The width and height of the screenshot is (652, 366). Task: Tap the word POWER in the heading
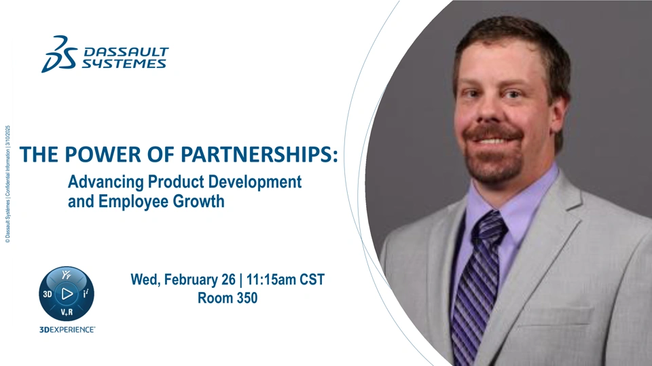pos(103,154)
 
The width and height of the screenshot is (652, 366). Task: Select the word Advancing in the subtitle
pos(106,183)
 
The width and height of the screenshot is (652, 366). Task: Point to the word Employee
pos(134,202)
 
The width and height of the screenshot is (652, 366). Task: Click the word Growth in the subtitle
pos(198,201)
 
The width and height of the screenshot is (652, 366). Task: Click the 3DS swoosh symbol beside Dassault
pos(60,54)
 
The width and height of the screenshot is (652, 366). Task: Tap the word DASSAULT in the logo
pos(126,52)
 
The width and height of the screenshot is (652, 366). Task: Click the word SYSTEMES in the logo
pos(124,64)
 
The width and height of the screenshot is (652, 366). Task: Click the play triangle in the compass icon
pos(67,293)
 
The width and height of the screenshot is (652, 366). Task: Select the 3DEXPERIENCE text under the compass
pos(67,330)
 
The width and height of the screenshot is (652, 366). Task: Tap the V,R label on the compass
pos(67,312)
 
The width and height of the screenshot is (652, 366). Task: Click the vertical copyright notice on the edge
pos(7,184)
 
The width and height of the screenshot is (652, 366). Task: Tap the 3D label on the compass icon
pos(48,295)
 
